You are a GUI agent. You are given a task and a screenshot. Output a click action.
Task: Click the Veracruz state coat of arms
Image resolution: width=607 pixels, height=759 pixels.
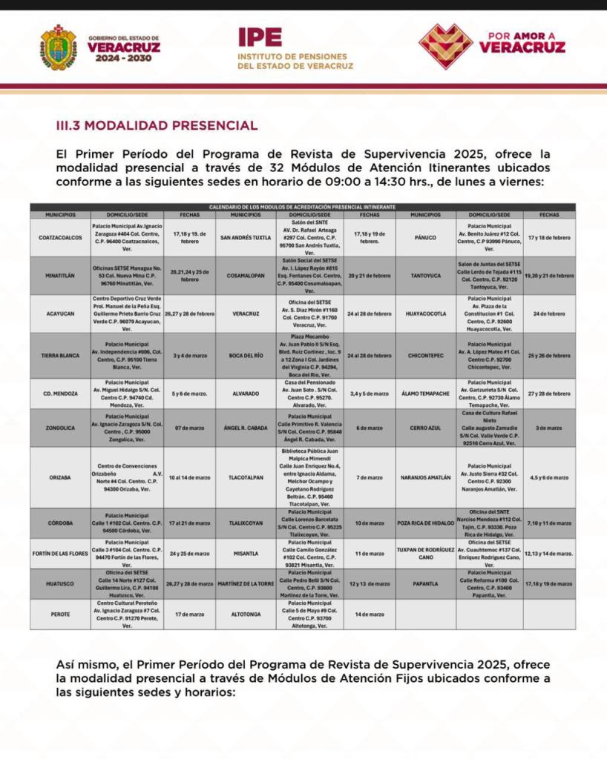58,47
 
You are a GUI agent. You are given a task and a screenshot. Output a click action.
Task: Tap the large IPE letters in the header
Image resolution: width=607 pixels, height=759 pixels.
260,37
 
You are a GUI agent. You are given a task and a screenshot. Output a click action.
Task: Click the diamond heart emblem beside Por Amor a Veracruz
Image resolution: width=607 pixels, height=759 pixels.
445,46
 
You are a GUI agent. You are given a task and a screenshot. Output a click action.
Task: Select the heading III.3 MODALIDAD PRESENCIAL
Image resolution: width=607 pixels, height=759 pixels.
157,126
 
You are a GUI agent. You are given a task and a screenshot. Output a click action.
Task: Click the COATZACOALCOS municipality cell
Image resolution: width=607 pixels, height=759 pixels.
60,237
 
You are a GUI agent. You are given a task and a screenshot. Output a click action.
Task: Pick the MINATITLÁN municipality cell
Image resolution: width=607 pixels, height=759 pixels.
60,275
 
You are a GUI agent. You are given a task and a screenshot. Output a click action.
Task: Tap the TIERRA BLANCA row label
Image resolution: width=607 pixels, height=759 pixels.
60,355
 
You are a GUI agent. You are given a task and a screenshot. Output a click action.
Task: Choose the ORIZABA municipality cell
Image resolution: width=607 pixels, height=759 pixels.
60,477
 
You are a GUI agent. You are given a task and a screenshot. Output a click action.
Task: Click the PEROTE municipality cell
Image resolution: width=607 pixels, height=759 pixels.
60,614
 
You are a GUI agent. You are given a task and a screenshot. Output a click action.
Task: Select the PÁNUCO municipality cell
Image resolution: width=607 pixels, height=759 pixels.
425,237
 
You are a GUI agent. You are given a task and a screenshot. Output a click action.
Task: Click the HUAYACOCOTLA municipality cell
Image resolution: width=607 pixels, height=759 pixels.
425,314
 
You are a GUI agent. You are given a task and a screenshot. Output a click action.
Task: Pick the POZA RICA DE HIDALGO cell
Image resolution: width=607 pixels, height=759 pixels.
425,523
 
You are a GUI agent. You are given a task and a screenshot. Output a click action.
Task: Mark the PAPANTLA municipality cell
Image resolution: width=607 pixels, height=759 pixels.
425,583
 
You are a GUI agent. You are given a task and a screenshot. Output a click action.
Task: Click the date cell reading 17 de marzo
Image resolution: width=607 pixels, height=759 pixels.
190,614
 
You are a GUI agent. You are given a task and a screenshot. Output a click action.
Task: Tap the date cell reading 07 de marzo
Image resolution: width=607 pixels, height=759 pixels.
190,428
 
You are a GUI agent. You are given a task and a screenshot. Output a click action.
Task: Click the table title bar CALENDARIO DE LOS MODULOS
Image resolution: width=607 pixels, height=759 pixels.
302,207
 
